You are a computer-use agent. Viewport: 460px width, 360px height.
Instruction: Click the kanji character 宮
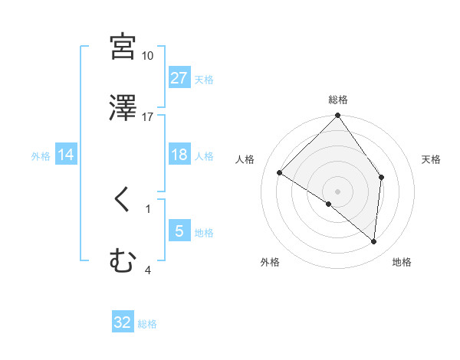click(123, 47)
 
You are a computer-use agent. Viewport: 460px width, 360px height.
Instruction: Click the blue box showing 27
click(179, 78)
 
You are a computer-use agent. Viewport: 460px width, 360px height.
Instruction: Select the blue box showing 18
click(179, 155)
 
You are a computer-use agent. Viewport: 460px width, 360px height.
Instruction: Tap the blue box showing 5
click(179, 231)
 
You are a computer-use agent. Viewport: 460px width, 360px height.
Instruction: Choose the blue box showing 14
click(66, 155)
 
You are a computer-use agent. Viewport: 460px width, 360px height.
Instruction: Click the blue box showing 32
click(123, 322)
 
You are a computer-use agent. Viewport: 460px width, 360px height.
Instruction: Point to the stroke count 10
click(147, 57)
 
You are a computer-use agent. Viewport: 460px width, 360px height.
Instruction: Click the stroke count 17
click(147, 116)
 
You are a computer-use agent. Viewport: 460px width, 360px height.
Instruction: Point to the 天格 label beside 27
click(204, 79)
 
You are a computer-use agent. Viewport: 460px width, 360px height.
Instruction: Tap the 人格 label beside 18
click(204, 156)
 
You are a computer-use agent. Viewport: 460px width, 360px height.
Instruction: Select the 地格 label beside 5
click(204, 232)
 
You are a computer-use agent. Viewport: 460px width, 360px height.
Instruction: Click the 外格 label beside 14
click(41, 156)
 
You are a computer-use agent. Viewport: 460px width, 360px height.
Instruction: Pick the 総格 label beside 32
click(147, 324)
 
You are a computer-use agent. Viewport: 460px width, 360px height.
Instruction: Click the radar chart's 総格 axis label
click(338, 100)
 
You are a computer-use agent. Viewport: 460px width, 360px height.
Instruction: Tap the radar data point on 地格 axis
click(374, 242)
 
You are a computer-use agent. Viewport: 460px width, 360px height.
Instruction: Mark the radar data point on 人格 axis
click(280, 173)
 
